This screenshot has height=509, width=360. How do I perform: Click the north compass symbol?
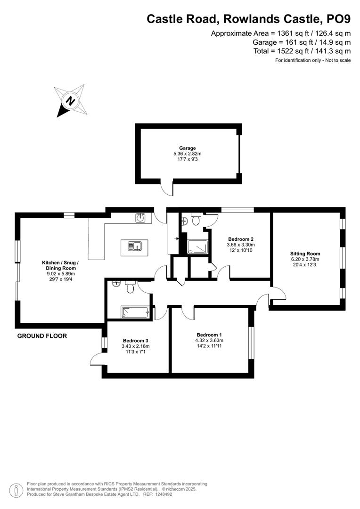pos(71,100)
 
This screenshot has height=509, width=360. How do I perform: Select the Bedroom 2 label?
pos(241,239)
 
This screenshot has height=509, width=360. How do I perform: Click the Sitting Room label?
pos(304,253)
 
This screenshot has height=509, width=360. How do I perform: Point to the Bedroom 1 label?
pos(210,335)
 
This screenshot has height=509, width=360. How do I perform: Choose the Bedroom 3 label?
pos(136,340)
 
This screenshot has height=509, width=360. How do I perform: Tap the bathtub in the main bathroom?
pos(136,312)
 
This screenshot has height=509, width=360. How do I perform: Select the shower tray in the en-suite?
pos(198,247)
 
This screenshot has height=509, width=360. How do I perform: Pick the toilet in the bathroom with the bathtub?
pos(131,285)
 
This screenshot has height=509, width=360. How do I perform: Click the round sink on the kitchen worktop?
pos(140,218)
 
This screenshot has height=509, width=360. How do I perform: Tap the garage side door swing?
pos(166,189)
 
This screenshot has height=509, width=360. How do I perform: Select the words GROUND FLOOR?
pos(42,336)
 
